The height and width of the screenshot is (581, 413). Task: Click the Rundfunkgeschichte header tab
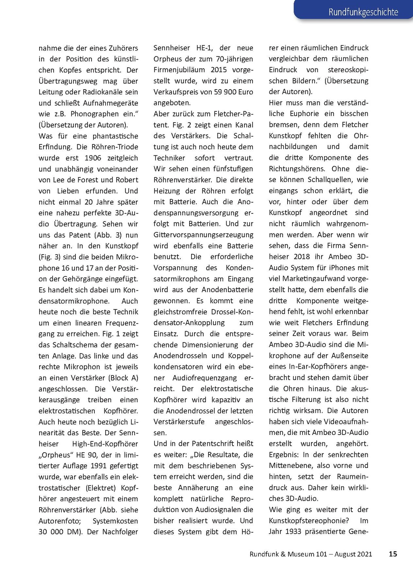363,12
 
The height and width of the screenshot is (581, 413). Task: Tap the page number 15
393,554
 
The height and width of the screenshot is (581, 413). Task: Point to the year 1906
93,158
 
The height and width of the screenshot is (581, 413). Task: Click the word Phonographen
95,114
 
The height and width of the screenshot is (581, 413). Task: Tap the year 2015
219,70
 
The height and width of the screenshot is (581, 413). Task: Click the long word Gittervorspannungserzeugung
203,235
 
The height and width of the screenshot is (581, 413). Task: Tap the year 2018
302,257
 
